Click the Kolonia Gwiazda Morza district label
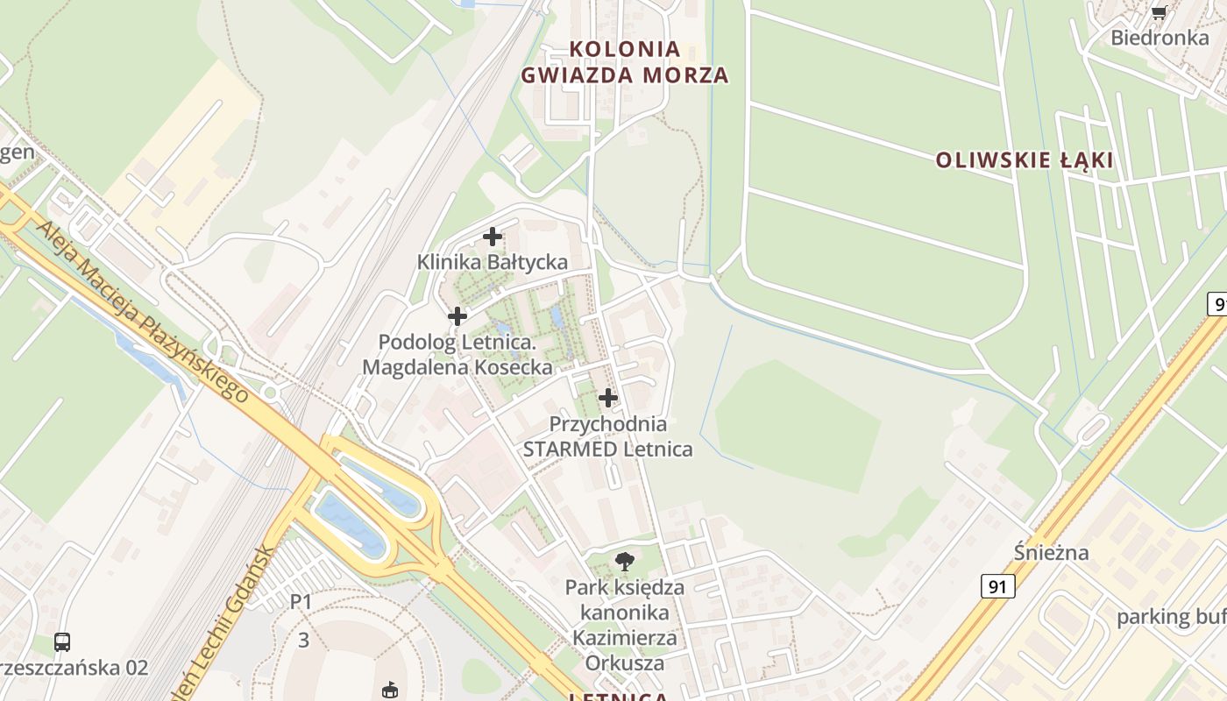[625, 61]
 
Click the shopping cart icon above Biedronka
[1159, 12]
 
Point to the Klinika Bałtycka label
[492, 261]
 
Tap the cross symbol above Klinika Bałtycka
[493, 236]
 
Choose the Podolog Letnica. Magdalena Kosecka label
[457, 354]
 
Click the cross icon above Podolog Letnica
[457, 316]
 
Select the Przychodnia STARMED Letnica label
[607, 436]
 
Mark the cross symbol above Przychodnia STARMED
[607, 398]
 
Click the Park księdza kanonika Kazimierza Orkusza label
[625, 624]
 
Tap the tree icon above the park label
[625, 561]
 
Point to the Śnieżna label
[1051, 552]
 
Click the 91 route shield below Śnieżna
[997, 586]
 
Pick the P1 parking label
[301, 602]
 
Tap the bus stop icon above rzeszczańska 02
[62, 641]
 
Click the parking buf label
[1171, 617]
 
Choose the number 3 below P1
[303, 641]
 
